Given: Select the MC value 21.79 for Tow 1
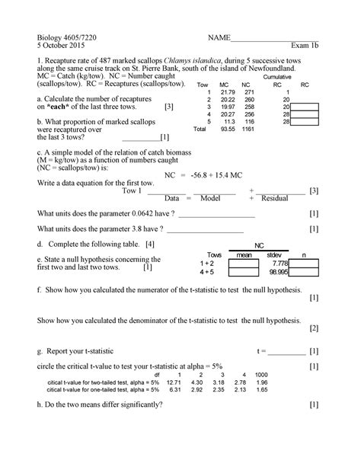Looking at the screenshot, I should click(x=224, y=92).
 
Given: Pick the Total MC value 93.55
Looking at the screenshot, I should click(x=223, y=130).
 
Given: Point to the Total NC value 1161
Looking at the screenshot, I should click(x=247, y=130).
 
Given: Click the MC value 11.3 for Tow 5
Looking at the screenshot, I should click(x=225, y=122).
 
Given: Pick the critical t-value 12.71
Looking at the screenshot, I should click(x=180, y=382).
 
